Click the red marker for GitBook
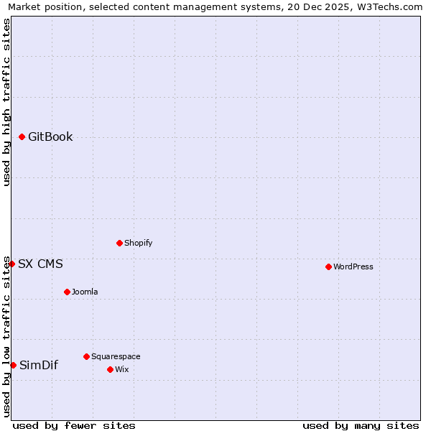point(22,136)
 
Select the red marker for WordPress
point(328,267)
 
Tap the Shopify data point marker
point(119,243)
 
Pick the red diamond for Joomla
point(67,292)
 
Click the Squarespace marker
point(86,356)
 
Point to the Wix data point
point(110,369)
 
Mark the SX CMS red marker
point(11,264)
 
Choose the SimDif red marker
point(13,365)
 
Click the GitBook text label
point(50,137)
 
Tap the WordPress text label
point(353,267)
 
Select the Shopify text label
point(138,243)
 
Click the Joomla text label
point(85,292)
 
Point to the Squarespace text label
point(116,356)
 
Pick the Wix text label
point(121,369)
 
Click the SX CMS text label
point(40,264)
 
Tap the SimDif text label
point(39,365)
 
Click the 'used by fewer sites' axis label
point(74,425)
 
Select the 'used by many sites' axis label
point(361,425)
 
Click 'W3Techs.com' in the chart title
point(391,7)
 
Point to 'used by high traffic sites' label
point(7,102)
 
